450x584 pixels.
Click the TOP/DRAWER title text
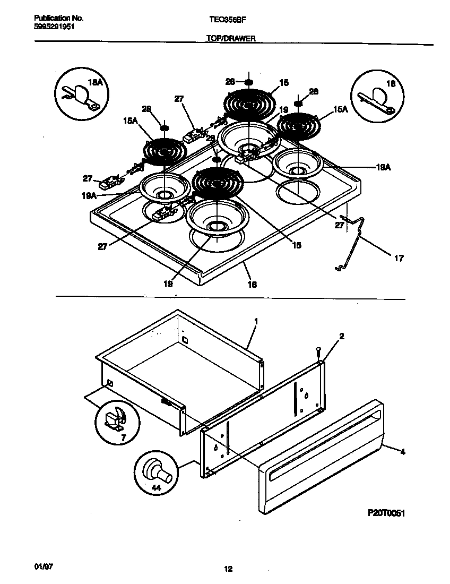pos(231,39)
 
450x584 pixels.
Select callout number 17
pos(399,259)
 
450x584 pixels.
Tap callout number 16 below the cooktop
pos(252,284)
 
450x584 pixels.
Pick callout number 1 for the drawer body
pos(256,322)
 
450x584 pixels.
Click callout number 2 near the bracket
pos(342,336)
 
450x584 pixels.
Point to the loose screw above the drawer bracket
pos(318,352)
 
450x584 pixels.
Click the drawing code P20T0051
pos(390,513)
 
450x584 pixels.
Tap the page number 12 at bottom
pos(228,570)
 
